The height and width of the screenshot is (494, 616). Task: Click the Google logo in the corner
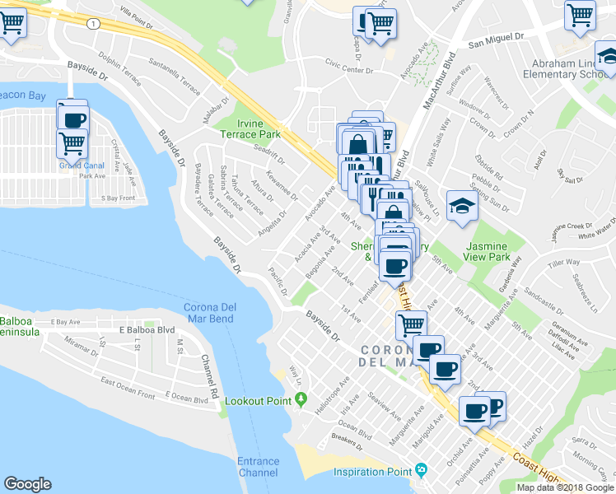[28, 484]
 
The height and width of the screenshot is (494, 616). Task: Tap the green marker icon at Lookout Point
[301, 400]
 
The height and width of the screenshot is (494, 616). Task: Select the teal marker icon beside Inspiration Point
[422, 471]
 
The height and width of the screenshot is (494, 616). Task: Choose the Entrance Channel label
[258, 467]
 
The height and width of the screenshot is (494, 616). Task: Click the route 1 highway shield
[96, 25]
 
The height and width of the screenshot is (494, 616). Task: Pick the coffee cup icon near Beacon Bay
[72, 118]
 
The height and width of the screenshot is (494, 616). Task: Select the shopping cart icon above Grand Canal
[72, 143]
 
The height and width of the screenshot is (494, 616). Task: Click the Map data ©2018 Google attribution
[565, 487]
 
